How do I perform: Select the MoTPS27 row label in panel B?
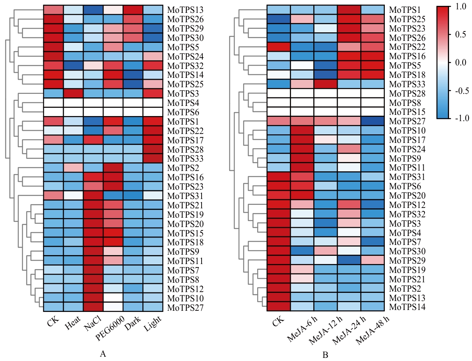407,120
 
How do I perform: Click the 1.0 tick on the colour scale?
462,7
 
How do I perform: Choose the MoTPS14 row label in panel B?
407,307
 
